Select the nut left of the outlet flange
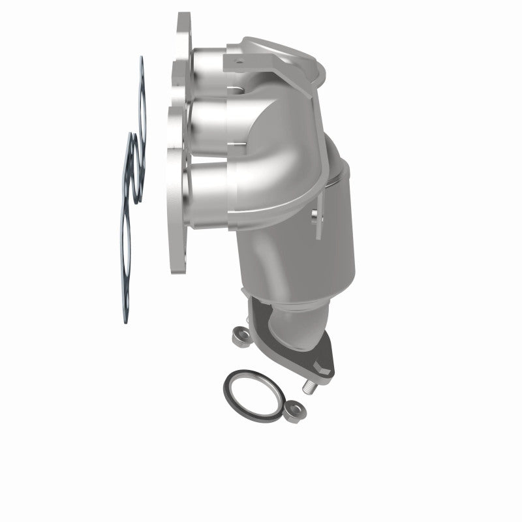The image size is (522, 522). point(239,337)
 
